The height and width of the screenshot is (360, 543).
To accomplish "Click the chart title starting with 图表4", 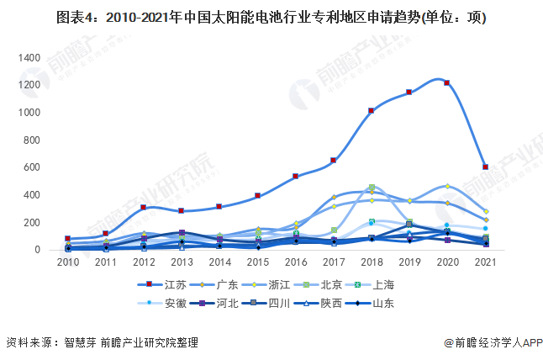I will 271,17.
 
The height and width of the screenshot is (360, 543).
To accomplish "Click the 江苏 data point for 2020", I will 446,83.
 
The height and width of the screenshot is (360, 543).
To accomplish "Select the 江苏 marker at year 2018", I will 372,111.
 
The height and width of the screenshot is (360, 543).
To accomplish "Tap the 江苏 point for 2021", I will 486,167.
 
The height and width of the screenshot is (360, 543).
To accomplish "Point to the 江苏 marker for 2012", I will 144,207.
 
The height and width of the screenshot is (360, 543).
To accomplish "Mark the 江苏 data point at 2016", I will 295,177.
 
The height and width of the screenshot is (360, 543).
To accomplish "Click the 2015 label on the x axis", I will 257,263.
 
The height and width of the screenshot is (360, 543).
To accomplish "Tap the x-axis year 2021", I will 485,263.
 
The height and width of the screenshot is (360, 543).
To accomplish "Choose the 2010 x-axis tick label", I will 68,263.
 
